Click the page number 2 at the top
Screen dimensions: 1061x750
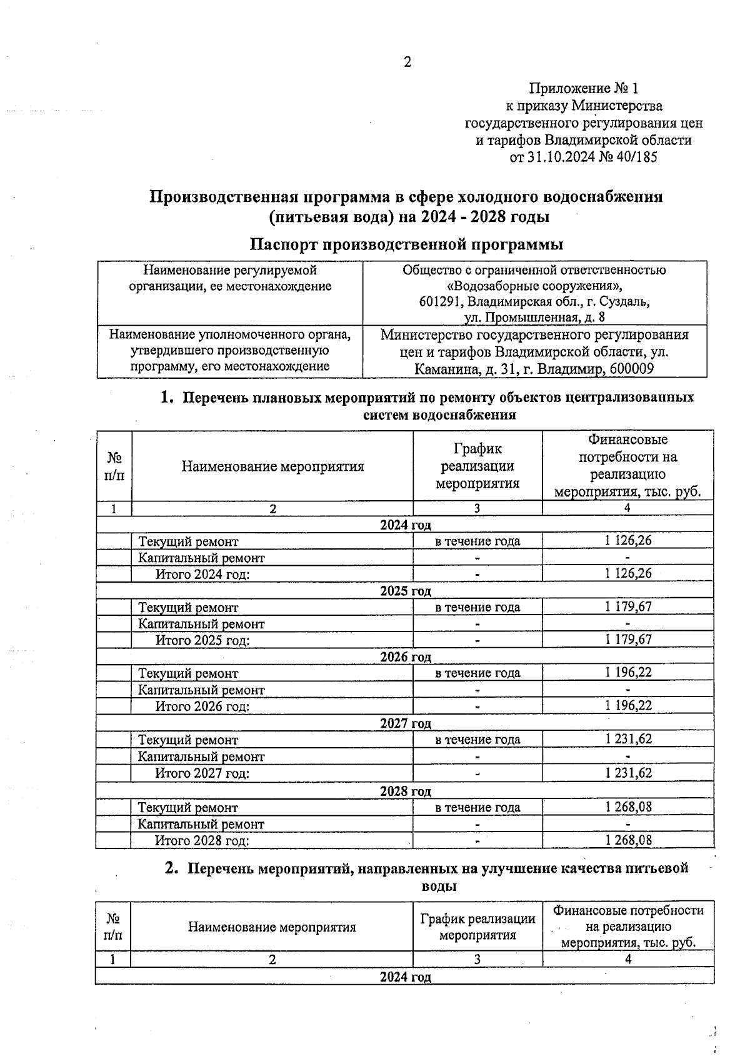407,62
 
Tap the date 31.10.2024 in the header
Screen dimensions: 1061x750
558,157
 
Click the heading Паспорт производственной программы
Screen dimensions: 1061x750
406,243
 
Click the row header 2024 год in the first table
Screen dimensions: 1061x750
406,525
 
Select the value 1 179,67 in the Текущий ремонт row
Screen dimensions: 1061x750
628,606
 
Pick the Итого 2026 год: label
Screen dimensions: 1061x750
202,706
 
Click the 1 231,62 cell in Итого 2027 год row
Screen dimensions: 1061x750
628,773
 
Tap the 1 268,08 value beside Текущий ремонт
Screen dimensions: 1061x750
628,807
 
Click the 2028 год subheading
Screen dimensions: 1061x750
406,791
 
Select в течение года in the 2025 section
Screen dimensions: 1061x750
477,607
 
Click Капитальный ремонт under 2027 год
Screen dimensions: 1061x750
201,756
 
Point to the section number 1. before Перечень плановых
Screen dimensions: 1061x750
166,397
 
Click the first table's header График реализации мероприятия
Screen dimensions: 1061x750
477,466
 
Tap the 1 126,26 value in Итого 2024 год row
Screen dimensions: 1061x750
628,573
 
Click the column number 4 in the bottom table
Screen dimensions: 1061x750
628,958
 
